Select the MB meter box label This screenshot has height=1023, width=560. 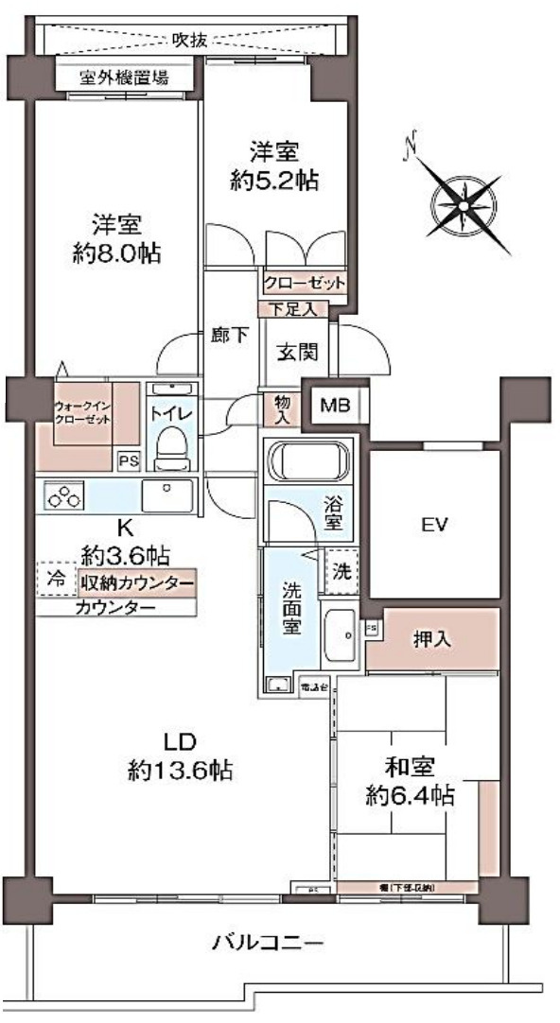[332, 407]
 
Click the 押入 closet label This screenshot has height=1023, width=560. [431, 640]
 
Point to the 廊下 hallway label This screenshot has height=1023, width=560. [229, 336]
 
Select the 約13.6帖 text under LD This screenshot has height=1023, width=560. [181, 771]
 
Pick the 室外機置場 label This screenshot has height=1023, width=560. [124, 77]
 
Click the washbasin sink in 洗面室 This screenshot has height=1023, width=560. [338, 629]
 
